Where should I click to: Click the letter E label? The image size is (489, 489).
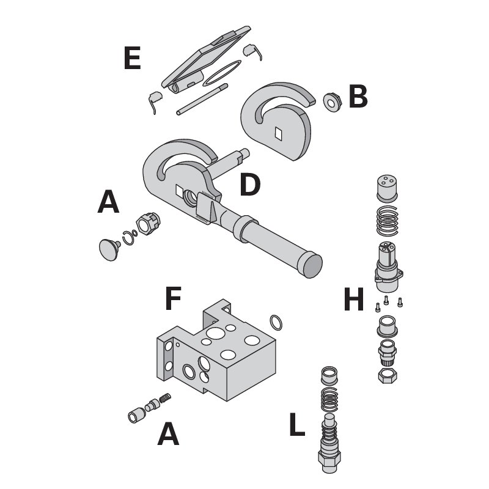pos(131,59)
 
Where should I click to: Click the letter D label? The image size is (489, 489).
pos(249,185)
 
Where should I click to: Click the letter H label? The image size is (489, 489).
pos(354,300)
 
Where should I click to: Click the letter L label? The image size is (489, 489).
pos(296,426)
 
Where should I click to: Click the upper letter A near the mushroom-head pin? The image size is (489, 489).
pos(108,202)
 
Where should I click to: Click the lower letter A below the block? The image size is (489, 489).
pos(168,435)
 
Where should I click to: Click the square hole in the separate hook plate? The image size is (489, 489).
pos(279,132)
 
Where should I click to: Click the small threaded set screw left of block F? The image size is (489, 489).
pos(164,400)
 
